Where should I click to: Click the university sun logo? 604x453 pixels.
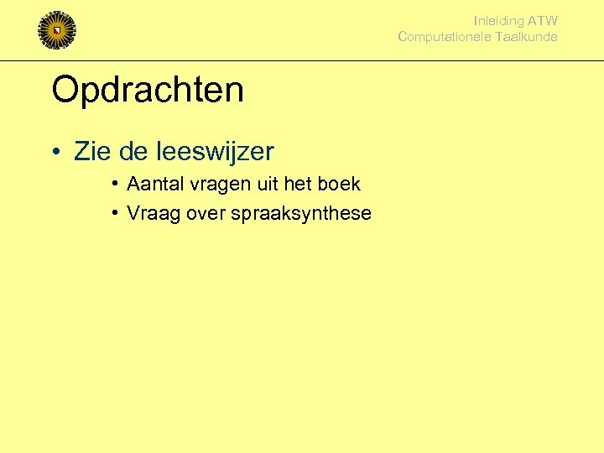57,30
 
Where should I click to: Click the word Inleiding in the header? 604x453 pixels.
499,21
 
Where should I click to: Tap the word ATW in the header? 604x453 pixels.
543,21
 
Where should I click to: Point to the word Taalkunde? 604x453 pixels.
526,37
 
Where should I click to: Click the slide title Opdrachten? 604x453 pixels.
148,90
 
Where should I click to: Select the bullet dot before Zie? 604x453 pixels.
55,153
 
